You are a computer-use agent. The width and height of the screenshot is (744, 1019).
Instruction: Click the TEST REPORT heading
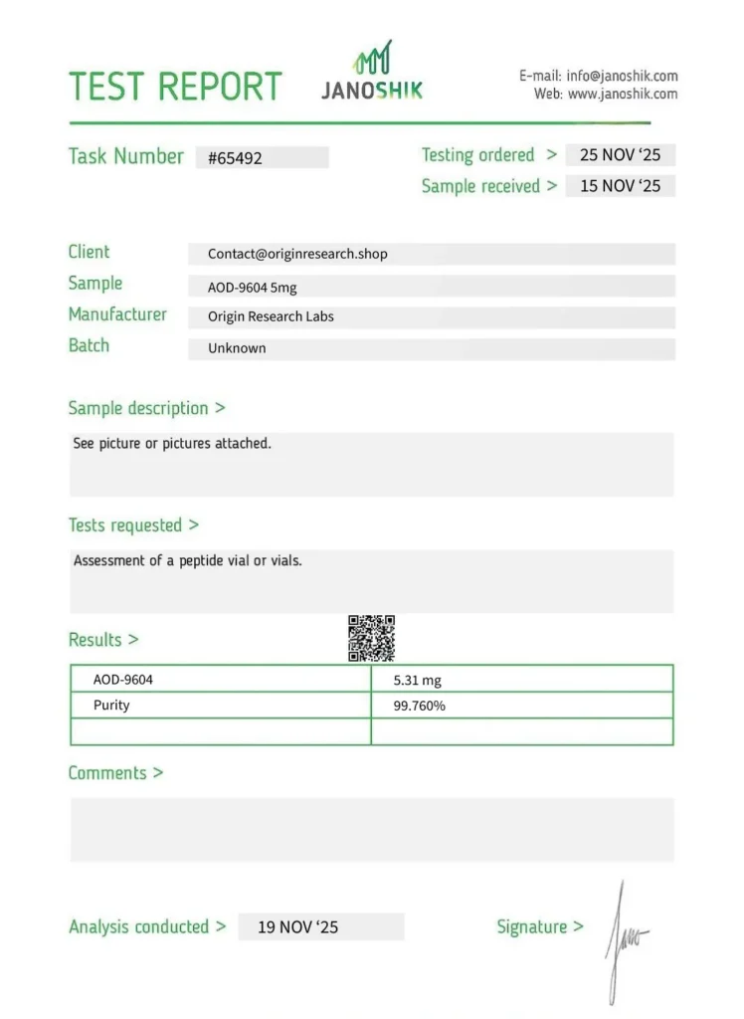[175, 87]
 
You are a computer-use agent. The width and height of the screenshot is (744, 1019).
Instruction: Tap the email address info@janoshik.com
[622, 76]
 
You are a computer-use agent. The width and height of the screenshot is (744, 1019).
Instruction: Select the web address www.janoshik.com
[622, 94]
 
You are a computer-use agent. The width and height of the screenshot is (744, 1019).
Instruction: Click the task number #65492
[236, 157]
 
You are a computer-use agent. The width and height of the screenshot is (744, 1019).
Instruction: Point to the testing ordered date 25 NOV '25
[620, 155]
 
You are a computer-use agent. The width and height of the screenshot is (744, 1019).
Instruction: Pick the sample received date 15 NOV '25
[620, 186]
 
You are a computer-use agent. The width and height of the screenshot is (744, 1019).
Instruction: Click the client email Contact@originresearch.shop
[297, 254]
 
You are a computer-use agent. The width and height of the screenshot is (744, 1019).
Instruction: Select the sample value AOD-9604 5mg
[252, 287]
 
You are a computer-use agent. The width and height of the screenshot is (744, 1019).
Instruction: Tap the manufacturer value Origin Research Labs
[271, 316]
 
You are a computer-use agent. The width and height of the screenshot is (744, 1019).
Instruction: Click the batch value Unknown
[237, 348]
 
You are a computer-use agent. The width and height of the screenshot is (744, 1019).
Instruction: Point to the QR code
[371, 638]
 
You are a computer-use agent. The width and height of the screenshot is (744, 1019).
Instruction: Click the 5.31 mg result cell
[418, 681]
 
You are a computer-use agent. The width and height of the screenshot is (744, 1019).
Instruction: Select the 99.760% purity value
[420, 706]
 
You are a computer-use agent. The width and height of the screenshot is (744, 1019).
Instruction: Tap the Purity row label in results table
[111, 706]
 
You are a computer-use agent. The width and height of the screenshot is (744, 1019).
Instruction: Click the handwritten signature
[625, 935]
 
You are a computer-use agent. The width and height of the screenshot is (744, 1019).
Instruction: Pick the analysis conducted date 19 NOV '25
[297, 926]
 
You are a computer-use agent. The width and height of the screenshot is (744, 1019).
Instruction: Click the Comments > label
[115, 773]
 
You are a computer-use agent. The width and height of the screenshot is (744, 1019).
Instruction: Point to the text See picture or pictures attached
[172, 444]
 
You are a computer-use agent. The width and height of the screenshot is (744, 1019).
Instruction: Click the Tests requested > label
[133, 525]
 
